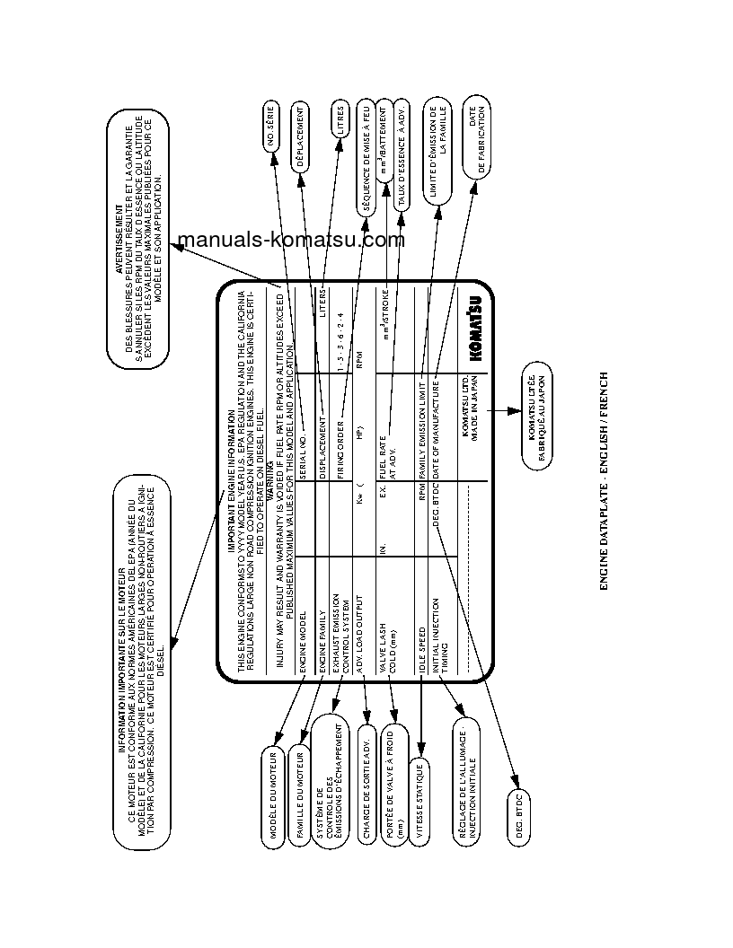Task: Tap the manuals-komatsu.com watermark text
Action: (x=291, y=240)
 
